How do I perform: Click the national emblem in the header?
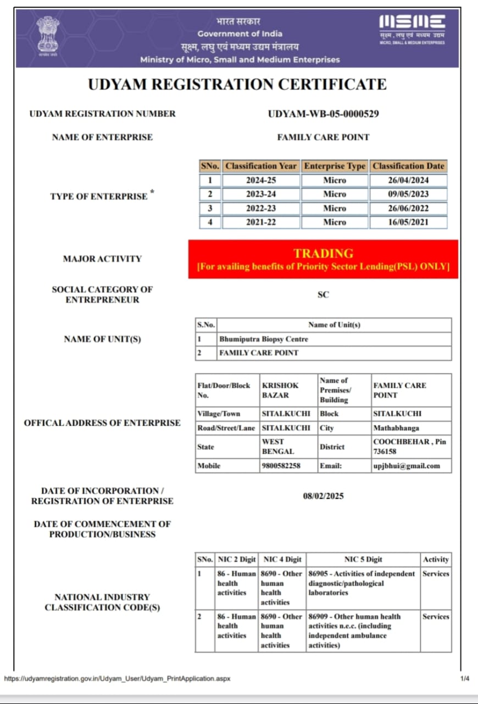point(47,34)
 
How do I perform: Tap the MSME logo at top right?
point(412,29)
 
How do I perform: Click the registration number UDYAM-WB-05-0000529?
point(323,114)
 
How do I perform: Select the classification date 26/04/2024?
point(408,180)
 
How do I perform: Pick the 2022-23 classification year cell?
point(261,208)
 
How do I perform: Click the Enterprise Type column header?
point(335,166)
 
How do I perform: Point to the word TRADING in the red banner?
point(323,254)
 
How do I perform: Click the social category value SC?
point(323,295)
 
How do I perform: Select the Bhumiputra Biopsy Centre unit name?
point(264,339)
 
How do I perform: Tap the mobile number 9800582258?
point(280,466)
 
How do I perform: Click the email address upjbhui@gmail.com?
point(407,466)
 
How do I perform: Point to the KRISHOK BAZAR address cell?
point(280,391)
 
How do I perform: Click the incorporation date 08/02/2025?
point(323,496)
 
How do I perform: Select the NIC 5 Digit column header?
point(363,559)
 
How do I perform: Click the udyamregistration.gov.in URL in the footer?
point(117,679)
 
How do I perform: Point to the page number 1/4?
point(465,679)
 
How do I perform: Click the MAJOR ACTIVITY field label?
point(102,258)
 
